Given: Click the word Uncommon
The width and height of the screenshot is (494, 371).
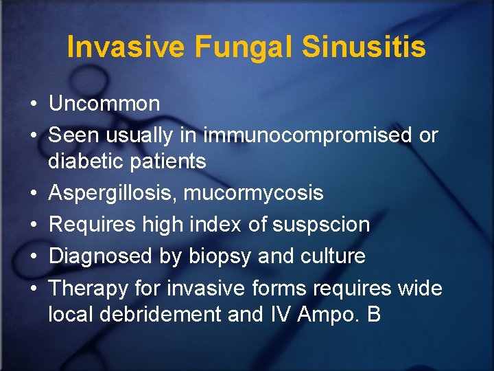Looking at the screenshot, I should click(104, 104).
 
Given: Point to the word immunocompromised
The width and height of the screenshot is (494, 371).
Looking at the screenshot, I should click(306, 136).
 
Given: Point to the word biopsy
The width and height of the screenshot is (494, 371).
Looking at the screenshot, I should click(218, 257).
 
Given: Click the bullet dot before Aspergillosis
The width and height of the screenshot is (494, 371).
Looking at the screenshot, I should click(33, 194).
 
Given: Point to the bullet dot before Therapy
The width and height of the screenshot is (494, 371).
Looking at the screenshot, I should click(33, 289).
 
